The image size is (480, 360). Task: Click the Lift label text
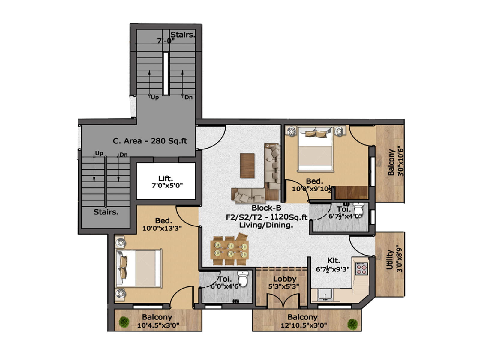pyautogui.click(x=166, y=178)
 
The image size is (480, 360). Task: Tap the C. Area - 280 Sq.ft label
pyautogui.click(x=150, y=141)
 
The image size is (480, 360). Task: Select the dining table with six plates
pyautogui.click(x=230, y=250)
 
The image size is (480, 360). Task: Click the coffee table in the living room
pyautogui.click(x=247, y=165)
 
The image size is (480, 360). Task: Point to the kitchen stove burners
pyautogui.click(x=361, y=269)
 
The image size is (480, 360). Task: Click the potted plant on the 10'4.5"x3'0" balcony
pyautogui.click(x=124, y=322)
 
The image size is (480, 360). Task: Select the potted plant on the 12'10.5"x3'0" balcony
pyautogui.click(x=352, y=324)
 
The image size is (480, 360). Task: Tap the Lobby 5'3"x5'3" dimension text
pyautogui.click(x=284, y=286)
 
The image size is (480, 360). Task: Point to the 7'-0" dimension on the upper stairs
pyautogui.click(x=166, y=41)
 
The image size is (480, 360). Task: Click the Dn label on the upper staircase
pyautogui.click(x=188, y=97)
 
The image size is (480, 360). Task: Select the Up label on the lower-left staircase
pyautogui.click(x=99, y=153)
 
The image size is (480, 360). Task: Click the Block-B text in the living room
pyautogui.click(x=266, y=208)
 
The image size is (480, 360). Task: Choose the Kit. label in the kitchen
pyautogui.click(x=333, y=260)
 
